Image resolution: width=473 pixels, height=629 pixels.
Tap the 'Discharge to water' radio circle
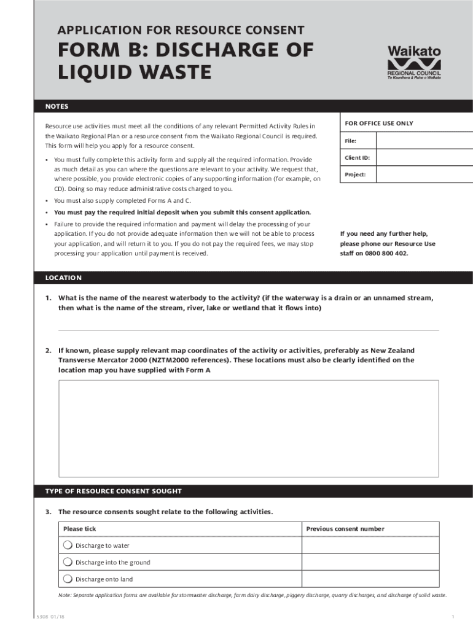pyautogui.click(x=68, y=545)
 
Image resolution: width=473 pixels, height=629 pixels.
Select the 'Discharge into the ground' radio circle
pyautogui.click(x=68, y=561)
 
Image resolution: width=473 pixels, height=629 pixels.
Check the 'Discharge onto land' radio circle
pyautogui.click(x=68, y=579)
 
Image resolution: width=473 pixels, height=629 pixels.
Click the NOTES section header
pyautogui.click(x=57, y=106)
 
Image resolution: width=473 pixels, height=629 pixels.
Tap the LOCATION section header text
pyautogui.click(x=63, y=278)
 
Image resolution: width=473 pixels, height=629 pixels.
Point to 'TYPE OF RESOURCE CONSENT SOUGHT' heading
pyautogui.click(x=113, y=491)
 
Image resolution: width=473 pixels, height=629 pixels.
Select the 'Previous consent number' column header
pyautogui.click(x=345, y=529)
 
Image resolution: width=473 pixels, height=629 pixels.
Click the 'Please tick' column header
pyautogui.click(x=80, y=529)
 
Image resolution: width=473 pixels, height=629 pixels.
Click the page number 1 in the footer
pyautogui.click(x=452, y=616)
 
